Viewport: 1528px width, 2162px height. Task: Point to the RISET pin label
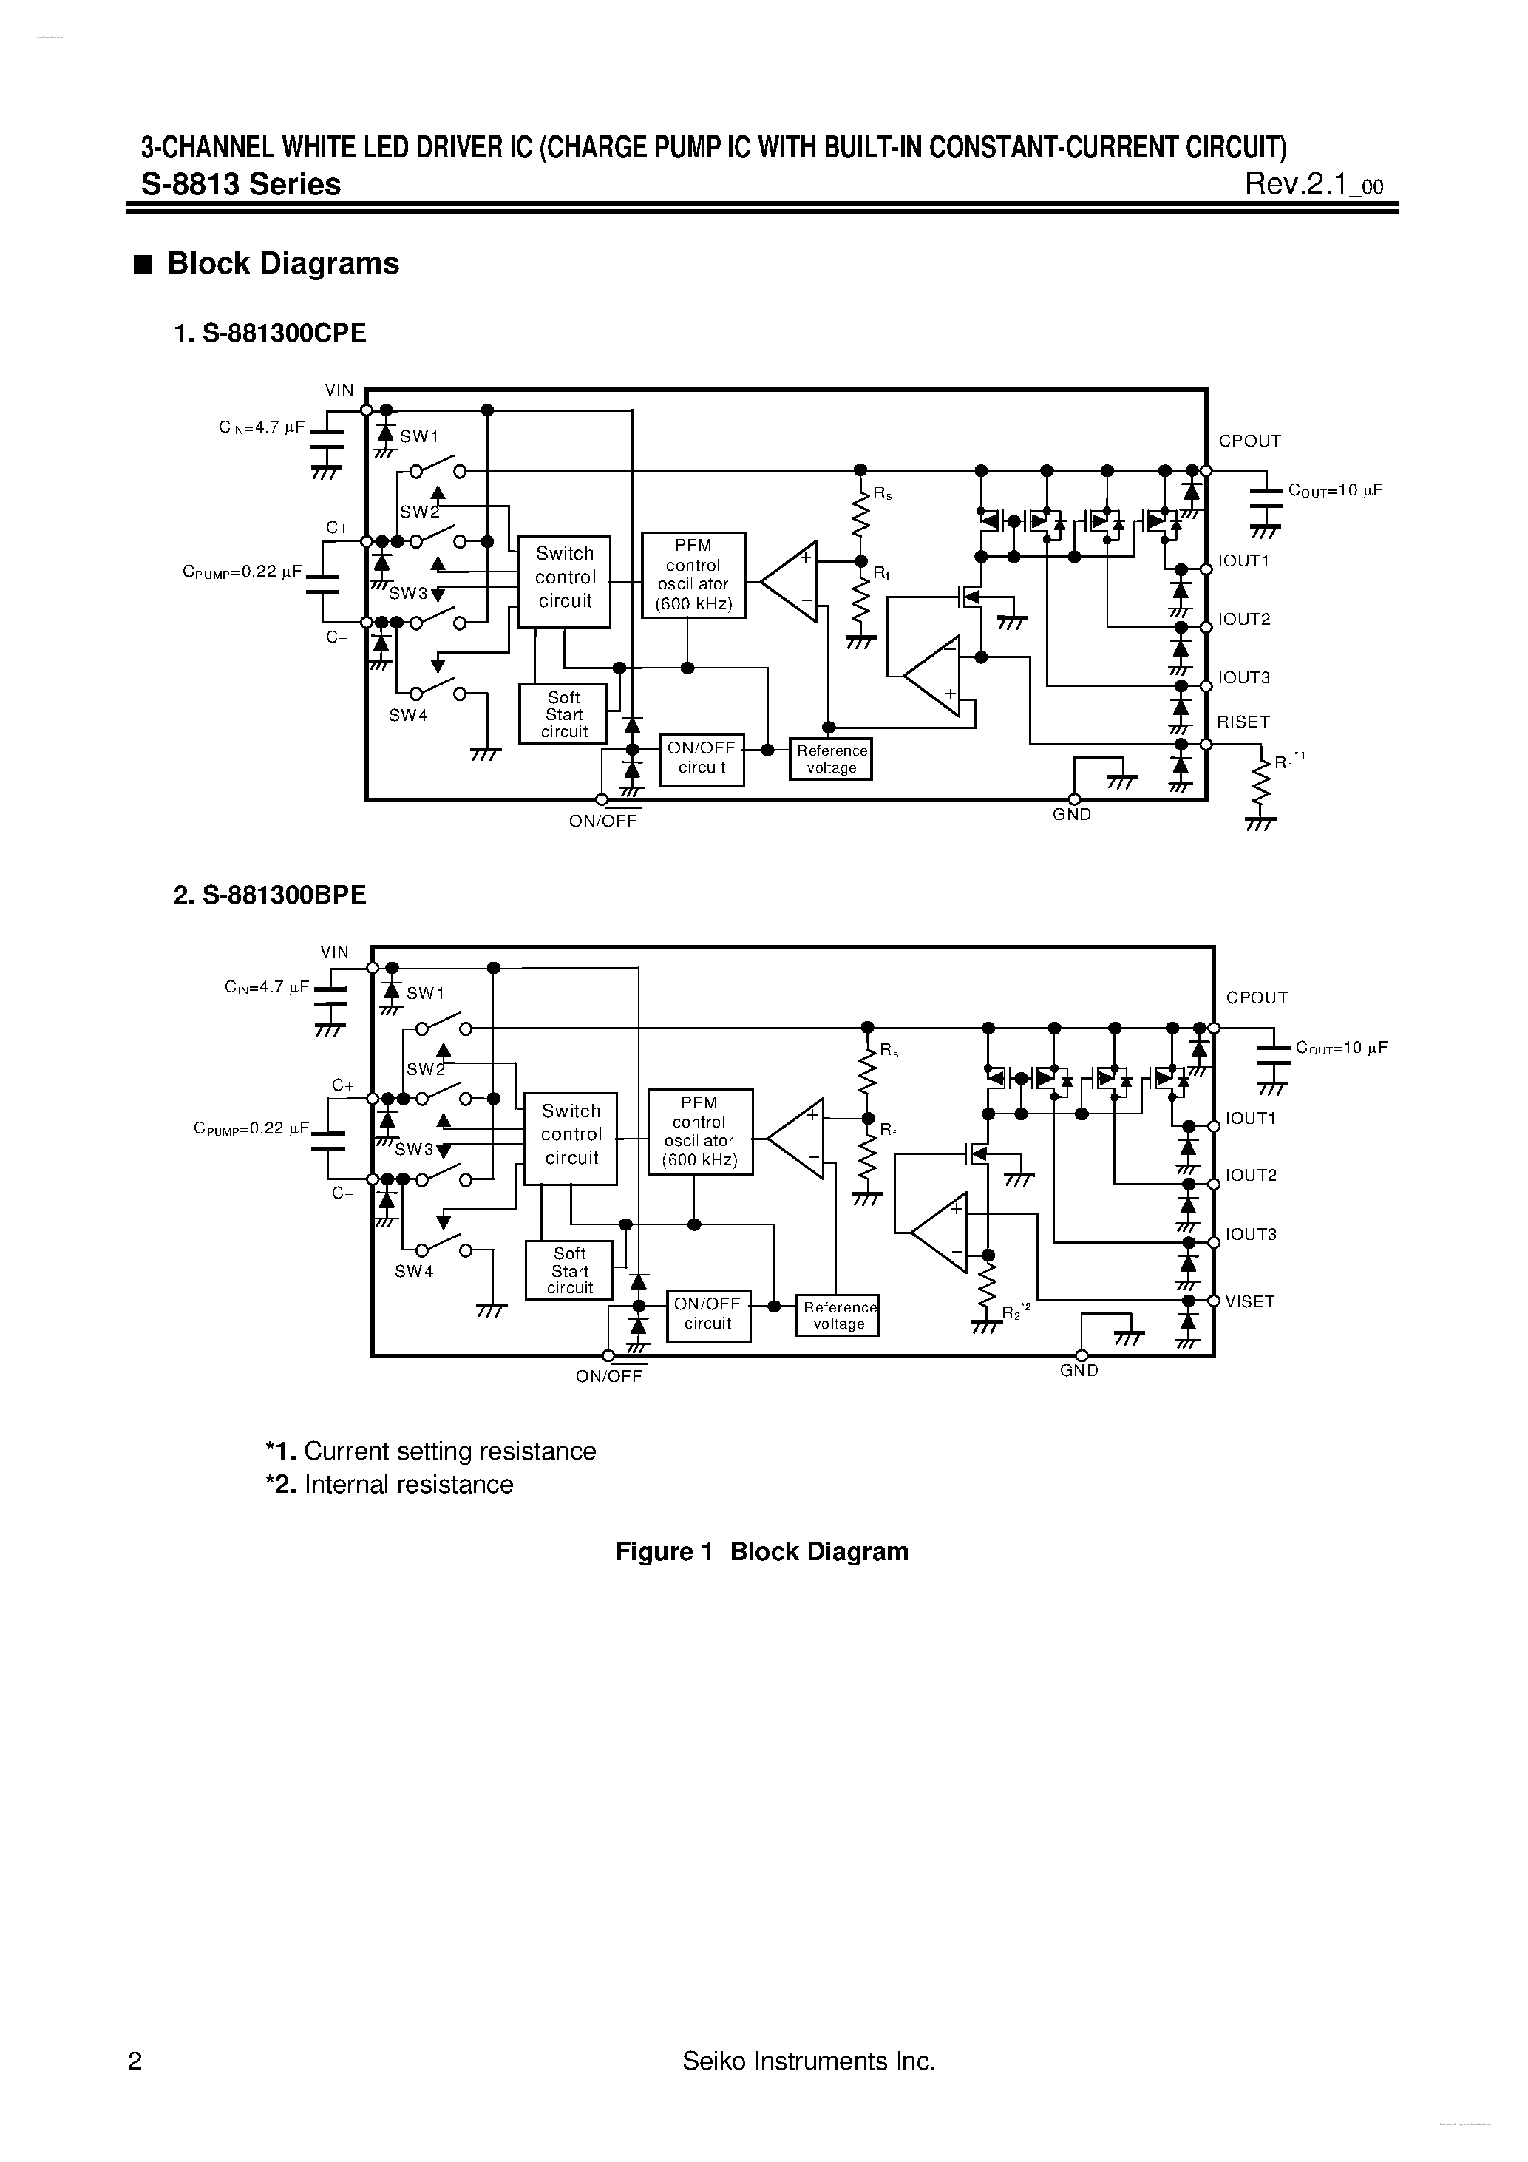[x=1243, y=722]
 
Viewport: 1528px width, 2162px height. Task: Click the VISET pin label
[x=1249, y=1301]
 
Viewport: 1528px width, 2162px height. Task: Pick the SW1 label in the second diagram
[x=424, y=994]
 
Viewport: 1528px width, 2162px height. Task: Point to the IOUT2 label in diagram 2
[x=1250, y=1175]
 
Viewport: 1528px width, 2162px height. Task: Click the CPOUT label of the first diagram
[x=1249, y=441]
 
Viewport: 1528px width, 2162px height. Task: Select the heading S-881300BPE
[x=271, y=895]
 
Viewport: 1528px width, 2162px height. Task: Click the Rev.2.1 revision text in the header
[x=1314, y=185]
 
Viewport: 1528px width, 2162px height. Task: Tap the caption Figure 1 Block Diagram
[x=761, y=1552]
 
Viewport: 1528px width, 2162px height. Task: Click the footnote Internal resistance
[x=390, y=1485]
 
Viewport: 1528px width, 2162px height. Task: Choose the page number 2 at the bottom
[x=135, y=2062]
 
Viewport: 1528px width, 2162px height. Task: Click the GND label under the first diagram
[x=1071, y=815]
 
